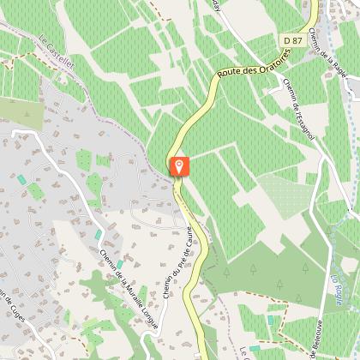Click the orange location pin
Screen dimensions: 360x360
coord(178,165)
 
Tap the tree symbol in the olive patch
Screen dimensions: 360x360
coord(258,268)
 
